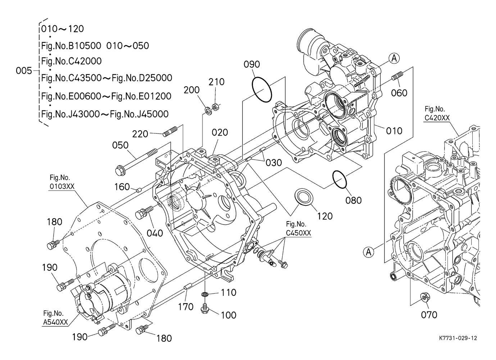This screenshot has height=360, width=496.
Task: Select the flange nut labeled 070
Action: click(x=426, y=298)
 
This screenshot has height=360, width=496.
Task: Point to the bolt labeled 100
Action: click(x=205, y=308)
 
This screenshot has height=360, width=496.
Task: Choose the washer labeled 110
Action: click(x=205, y=295)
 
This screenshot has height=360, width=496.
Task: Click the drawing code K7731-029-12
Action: click(x=458, y=338)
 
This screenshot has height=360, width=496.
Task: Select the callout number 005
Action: click(x=24, y=71)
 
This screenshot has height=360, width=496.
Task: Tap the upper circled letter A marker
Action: click(x=394, y=58)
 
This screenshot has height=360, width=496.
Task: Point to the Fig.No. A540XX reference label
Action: click(x=55, y=318)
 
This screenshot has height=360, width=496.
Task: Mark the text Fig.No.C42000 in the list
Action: click(x=71, y=61)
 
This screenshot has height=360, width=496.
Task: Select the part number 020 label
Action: click(x=220, y=133)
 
